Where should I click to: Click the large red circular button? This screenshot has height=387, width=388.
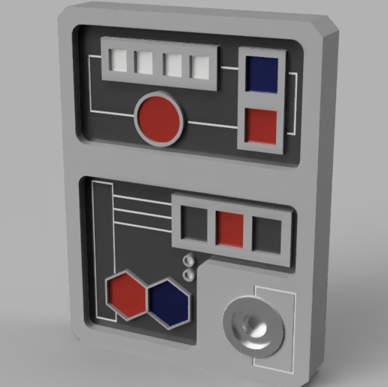pyautogui.click(x=159, y=119)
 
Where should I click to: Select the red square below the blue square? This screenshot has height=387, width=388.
pyautogui.click(x=261, y=126)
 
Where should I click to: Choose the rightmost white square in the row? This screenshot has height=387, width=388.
pyautogui.click(x=199, y=67)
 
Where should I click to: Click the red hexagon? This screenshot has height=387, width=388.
pyautogui.click(x=126, y=294)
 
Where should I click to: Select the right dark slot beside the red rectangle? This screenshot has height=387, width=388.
pyautogui.click(x=266, y=234)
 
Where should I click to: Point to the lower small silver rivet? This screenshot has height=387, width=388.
pyautogui.click(x=189, y=275)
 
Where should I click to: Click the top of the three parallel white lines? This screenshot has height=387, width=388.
pyautogui.click(x=143, y=197)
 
